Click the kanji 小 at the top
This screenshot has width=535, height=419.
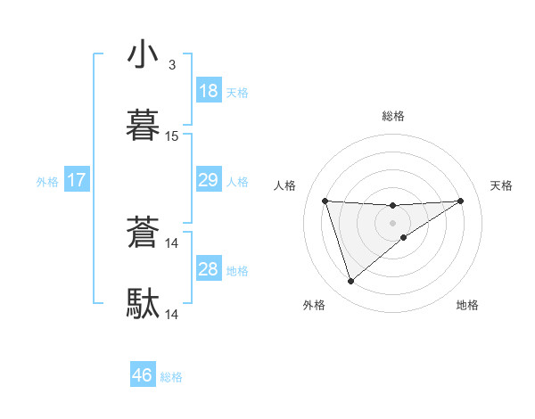(143, 55)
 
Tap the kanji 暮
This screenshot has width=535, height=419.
(143, 126)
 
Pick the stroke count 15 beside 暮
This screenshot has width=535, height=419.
(172, 136)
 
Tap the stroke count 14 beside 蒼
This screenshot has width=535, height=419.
(172, 242)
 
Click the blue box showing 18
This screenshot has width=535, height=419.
(208, 91)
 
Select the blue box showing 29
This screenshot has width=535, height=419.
(208, 180)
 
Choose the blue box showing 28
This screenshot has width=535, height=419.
(208, 269)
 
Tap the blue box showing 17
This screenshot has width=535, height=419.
(76, 180)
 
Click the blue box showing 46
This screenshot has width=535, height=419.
(142, 375)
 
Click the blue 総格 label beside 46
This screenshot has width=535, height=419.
(171, 377)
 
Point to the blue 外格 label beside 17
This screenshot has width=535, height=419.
(47, 182)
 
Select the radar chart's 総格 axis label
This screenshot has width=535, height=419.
(393, 116)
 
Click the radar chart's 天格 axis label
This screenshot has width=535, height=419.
(502, 185)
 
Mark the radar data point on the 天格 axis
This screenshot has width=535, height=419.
(461, 201)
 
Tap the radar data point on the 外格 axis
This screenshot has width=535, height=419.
(350, 282)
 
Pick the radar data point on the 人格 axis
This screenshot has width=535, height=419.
(325, 201)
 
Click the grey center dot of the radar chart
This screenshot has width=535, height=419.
(393, 222)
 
